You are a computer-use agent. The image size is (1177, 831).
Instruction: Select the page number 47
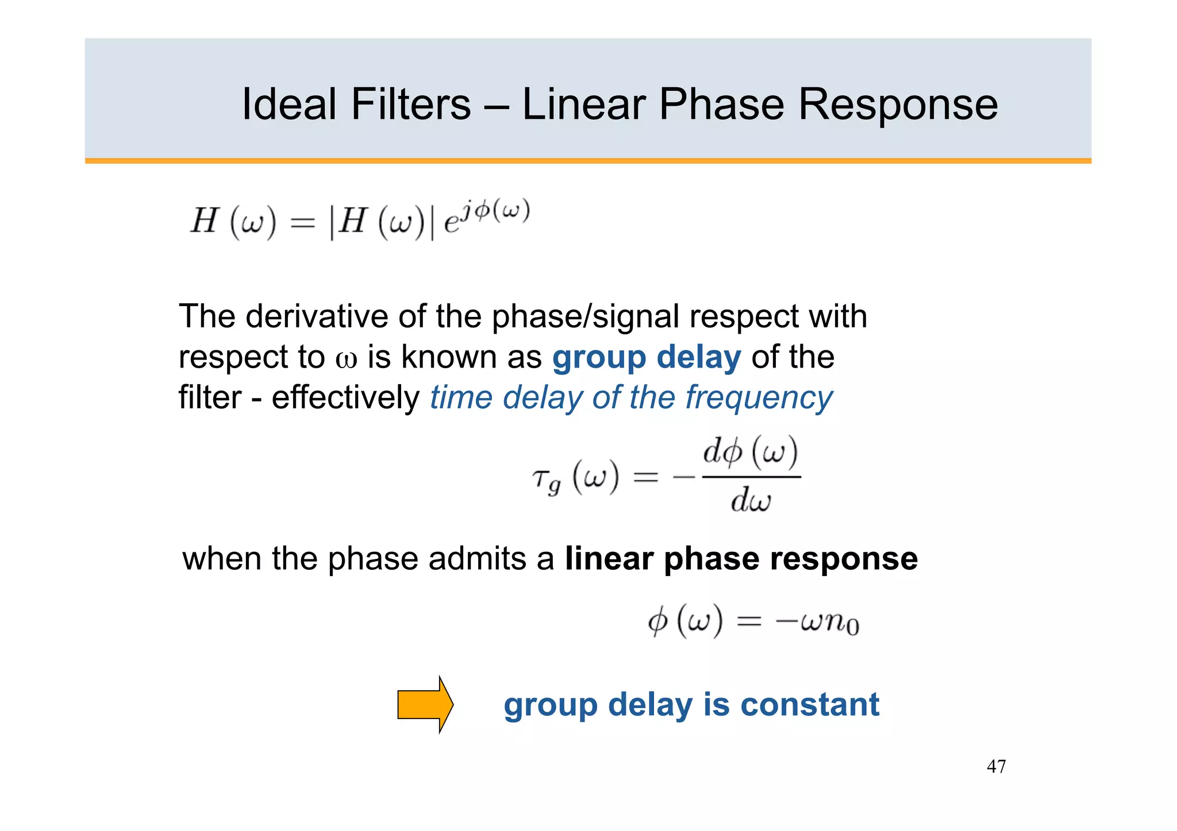[x=996, y=766]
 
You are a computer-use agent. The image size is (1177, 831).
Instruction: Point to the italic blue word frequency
[x=759, y=398]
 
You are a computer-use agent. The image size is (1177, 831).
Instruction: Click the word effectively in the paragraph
[x=345, y=397]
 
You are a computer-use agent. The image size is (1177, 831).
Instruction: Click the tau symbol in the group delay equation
[x=541, y=478]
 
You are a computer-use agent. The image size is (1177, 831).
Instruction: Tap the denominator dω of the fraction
[x=751, y=500]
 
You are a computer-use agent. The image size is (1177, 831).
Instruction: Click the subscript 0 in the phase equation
[x=853, y=628]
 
